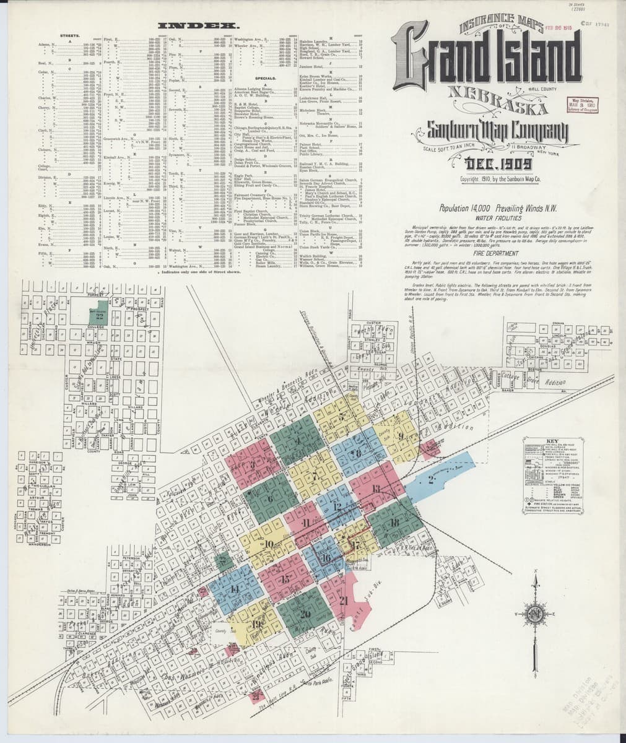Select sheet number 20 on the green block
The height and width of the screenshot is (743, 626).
pos(305,614)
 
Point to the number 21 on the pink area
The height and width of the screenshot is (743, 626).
pos(344,600)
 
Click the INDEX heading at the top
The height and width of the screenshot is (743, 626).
pos(199,25)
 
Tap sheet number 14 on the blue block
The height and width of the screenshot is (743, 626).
pos(233,589)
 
